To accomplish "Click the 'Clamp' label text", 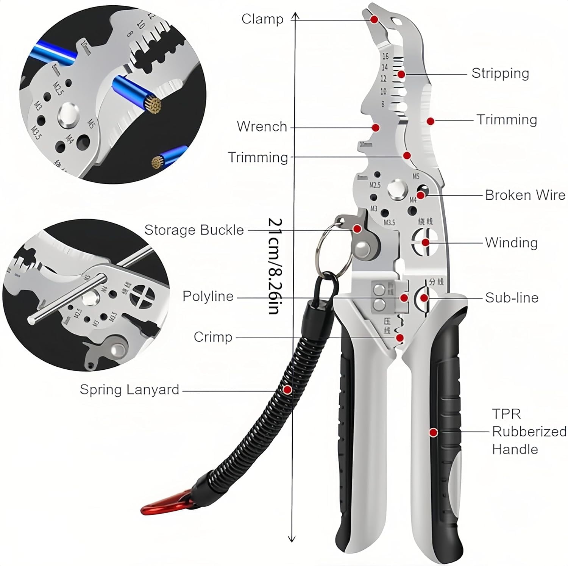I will (262, 19).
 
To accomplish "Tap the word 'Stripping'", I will (500, 73).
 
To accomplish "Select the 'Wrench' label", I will (262, 127).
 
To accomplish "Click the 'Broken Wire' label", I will (525, 195).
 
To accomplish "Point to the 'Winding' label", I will (511, 242).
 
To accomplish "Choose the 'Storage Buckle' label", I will (194, 230).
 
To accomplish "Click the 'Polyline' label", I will (208, 296).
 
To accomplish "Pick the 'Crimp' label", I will (213, 337).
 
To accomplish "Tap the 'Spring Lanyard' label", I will (129, 389).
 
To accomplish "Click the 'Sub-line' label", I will (512, 298).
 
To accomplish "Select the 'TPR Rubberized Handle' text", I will (529, 432).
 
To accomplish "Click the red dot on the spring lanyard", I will (287, 389).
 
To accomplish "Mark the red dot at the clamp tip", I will (374, 19).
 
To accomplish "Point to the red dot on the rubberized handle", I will (433, 432).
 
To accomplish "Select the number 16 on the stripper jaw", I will (385, 56).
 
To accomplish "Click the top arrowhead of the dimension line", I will (295, 15).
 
